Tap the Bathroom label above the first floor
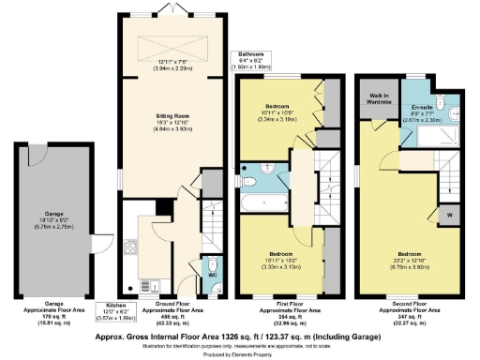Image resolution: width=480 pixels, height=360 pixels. pos(251,54)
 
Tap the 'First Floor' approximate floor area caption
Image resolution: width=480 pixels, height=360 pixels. pos(281,309)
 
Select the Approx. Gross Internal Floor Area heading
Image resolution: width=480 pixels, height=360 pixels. pos(240,333)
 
